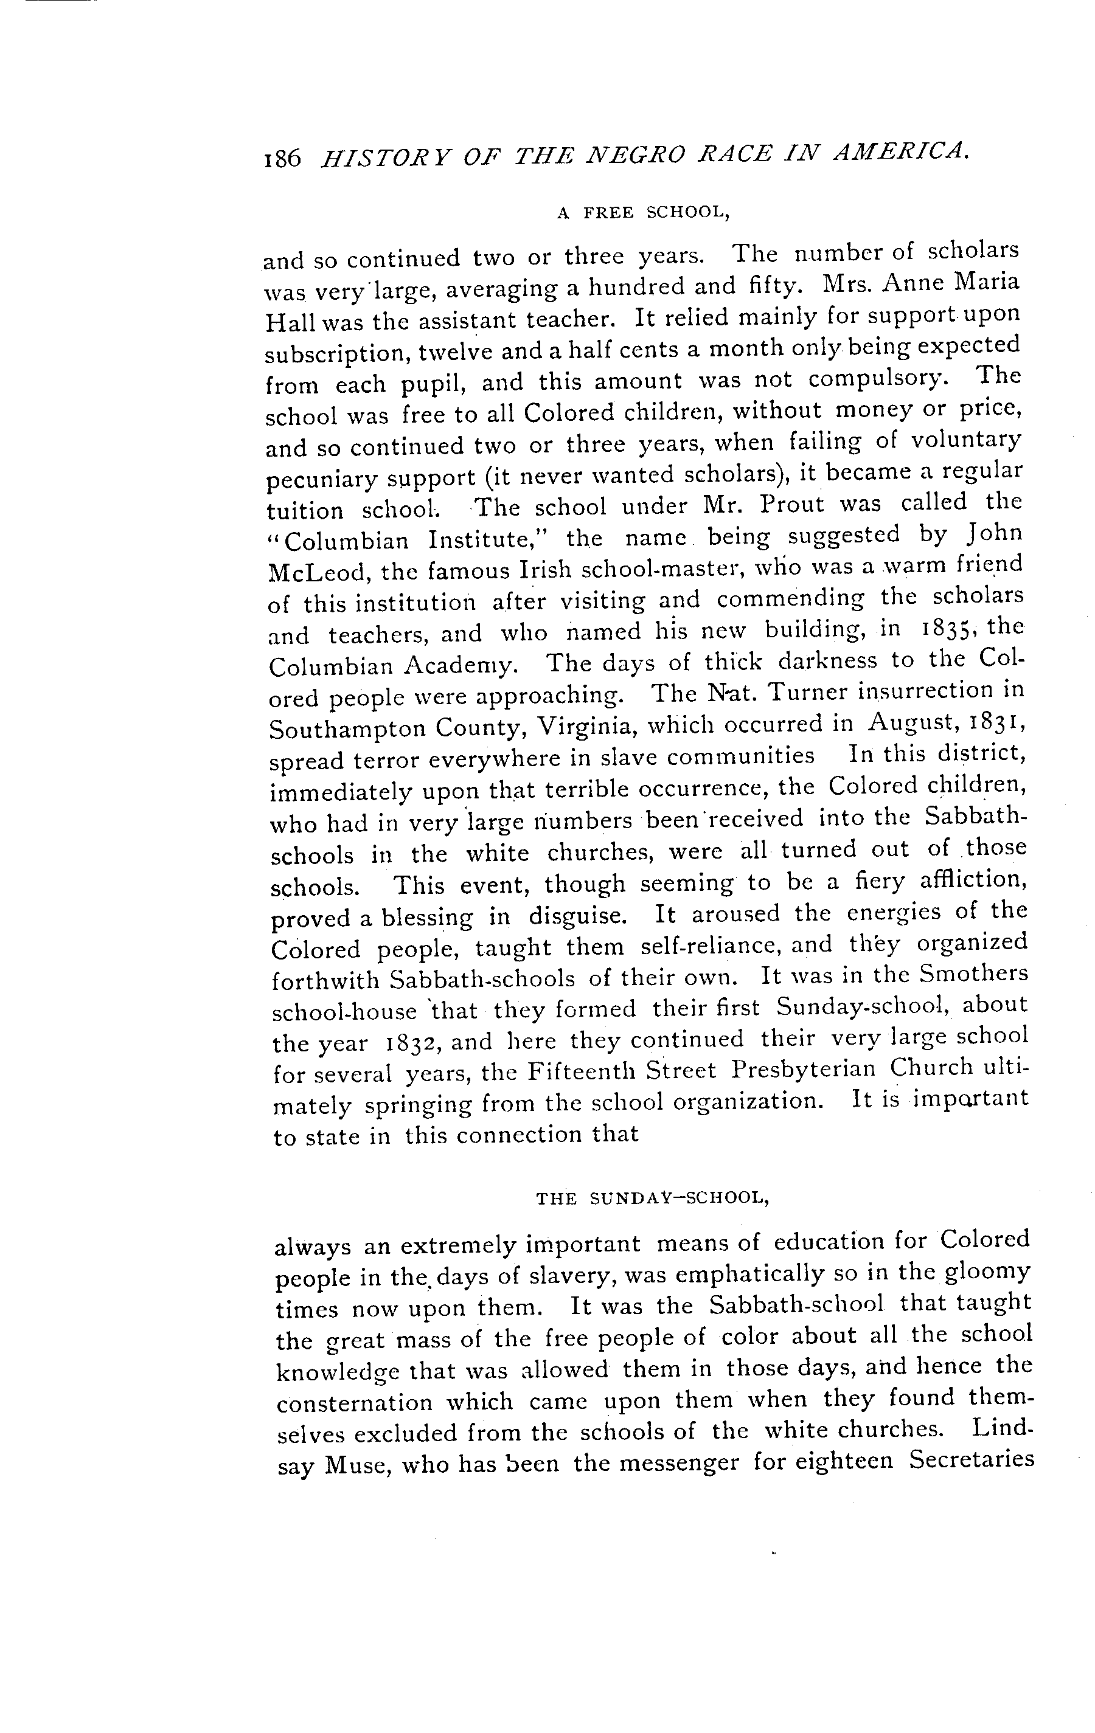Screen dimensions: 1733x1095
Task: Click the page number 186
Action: pyautogui.click(x=282, y=157)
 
